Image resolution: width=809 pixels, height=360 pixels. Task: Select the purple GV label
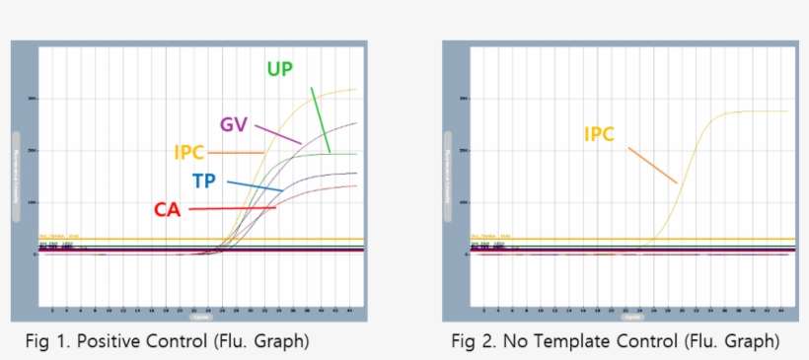[233, 125]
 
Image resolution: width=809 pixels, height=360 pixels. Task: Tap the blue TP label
[205, 180]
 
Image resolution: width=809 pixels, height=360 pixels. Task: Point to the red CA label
[168, 209]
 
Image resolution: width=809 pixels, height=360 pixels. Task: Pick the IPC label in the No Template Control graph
[598, 134]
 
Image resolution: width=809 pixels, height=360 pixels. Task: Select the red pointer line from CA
[233, 208]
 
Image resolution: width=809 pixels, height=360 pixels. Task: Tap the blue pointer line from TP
[255, 185]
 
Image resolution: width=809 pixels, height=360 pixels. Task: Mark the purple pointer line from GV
[277, 134]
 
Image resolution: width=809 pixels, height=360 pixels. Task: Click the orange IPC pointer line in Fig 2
[651, 164]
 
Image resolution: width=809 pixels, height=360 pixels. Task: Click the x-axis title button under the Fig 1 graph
[200, 318]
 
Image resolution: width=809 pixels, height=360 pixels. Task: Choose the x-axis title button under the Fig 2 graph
[632, 318]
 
